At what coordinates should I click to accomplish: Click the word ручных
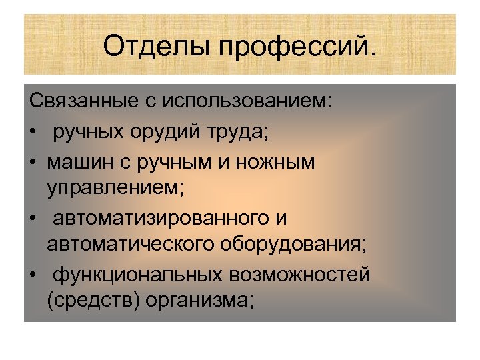point(89,132)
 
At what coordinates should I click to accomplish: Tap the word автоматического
point(130,245)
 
